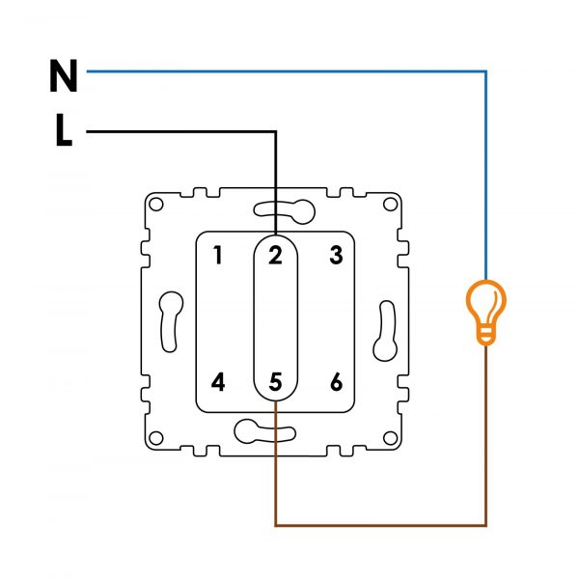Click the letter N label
tap(63, 75)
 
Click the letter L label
tap(64, 132)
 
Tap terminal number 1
tap(218, 256)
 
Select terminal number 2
tap(275, 256)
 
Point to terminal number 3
tap(336, 256)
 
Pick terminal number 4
tap(218, 382)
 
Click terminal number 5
tap(275, 382)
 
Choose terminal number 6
tap(336, 382)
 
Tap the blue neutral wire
tap(289, 70)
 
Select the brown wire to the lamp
tap(386, 525)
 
